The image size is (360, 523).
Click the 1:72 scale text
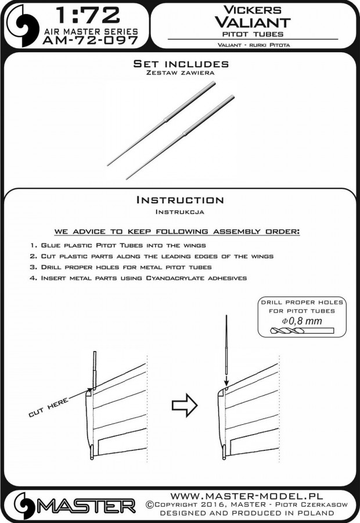click(88, 15)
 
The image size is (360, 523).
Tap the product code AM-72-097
click(91, 40)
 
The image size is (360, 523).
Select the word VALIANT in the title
click(253, 22)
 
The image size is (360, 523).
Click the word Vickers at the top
click(253, 10)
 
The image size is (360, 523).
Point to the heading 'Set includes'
click(181, 64)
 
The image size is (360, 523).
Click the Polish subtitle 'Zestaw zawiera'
click(181, 73)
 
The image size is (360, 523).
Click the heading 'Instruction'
click(180, 200)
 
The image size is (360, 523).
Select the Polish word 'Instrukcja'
click(180, 212)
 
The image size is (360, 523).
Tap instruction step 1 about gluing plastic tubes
click(118, 245)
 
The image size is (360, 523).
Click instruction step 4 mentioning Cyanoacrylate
click(138, 278)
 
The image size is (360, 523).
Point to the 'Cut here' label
click(48, 407)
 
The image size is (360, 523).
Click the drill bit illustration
click(303, 331)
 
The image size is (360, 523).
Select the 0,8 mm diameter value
click(302, 321)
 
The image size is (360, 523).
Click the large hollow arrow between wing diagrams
click(185, 406)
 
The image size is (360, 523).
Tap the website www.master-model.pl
click(246, 496)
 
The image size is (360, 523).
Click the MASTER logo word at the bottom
click(86, 506)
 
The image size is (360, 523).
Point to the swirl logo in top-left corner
click(23, 26)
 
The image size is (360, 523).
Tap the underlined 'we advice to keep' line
click(177, 231)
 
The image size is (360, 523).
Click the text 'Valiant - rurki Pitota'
click(254, 45)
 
